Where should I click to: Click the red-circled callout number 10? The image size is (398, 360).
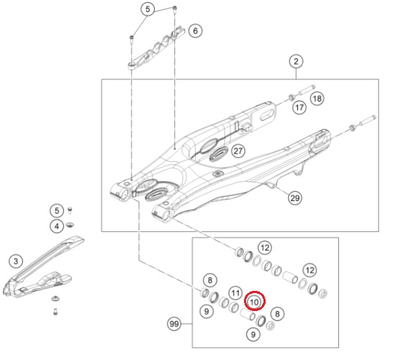coord(255,301)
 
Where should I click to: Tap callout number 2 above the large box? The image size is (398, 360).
coord(296,62)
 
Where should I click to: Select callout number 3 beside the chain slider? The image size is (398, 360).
coord(16,261)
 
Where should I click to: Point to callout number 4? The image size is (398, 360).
coord(57,226)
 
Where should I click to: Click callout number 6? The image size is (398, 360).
coord(195,31)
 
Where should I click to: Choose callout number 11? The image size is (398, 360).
coord(235,293)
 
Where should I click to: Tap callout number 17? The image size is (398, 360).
coord(299,107)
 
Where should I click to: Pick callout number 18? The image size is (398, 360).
coord(317,98)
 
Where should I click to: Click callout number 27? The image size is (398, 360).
coord(238,151)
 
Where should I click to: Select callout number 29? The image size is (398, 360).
coord(295,198)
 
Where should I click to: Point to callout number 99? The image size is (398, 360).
coord(174,324)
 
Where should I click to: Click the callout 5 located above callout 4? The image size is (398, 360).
coord(57,210)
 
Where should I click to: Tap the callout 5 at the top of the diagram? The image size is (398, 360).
coord(148,9)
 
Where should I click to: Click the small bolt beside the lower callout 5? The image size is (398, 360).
coord(70,210)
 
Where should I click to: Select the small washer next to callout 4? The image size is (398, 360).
coord(70,225)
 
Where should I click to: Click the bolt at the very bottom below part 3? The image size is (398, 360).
coord(55,312)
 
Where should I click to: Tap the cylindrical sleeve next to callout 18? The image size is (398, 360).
coord(307,91)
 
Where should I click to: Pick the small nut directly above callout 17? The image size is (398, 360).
coord(292,97)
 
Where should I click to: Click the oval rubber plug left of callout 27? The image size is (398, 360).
coord(219,154)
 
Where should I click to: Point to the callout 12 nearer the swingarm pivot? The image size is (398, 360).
coord(265,248)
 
